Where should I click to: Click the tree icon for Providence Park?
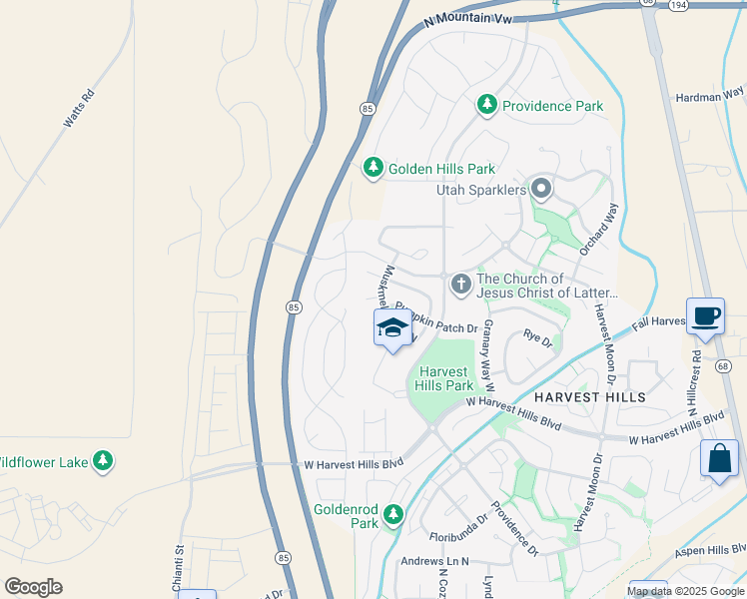click(x=486, y=105)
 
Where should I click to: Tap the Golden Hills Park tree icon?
click(x=373, y=168)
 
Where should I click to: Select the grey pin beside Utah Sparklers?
click(x=541, y=188)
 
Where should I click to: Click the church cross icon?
click(x=460, y=285)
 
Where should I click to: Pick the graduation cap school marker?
click(x=393, y=328)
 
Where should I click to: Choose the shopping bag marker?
click(x=719, y=459)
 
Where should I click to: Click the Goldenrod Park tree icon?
click(x=393, y=514)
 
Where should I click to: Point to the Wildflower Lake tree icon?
click(x=102, y=461)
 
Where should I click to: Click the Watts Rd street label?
click(x=79, y=109)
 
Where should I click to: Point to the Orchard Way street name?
click(x=599, y=229)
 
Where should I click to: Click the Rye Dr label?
click(x=537, y=339)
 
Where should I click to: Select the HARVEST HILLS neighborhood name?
click(x=589, y=396)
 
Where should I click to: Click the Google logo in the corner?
click(x=33, y=587)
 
